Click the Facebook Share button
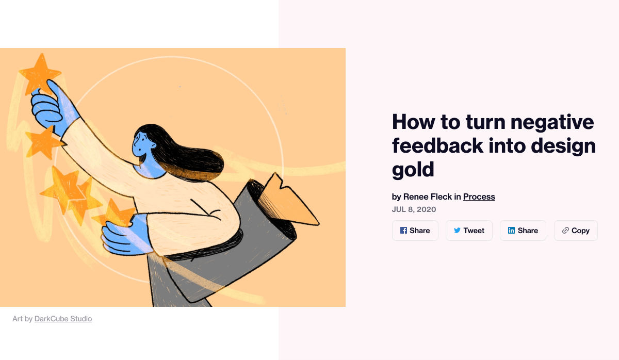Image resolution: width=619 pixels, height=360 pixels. (415, 231)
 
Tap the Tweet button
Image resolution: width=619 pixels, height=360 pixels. (469, 231)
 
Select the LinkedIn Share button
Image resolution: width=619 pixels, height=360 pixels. (523, 231)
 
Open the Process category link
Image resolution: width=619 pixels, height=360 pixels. (479, 197)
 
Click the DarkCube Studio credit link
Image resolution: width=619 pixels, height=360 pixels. (63, 319)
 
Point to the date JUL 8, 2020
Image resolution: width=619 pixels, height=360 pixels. (414, 209)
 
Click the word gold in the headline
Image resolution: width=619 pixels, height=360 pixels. (413, 170)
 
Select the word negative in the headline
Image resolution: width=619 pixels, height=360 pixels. (552, 122)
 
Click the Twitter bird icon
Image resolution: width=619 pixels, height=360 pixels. (457, 231)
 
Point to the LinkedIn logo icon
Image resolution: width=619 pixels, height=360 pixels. (511, 231)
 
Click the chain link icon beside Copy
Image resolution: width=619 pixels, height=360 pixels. (565, 231)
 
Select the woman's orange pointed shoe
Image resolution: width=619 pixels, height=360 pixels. (289, 201)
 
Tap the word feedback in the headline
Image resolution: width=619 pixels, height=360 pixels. (438, 145)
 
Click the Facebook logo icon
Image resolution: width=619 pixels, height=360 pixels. (403, 231)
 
